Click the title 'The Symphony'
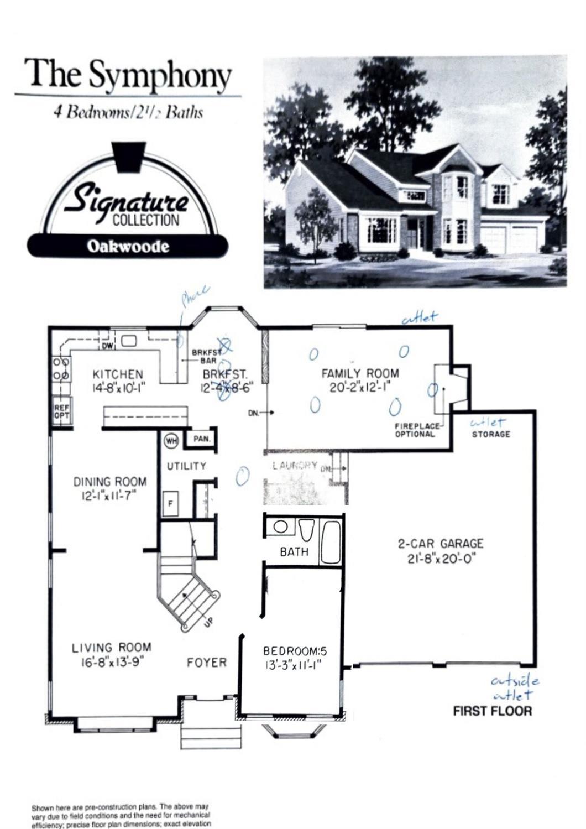128,76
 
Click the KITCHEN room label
118,374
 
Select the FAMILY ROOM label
360,373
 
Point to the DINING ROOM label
110,482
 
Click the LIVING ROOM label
112,647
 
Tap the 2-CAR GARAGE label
441,544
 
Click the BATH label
294,551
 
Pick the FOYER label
206,662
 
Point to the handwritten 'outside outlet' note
514,687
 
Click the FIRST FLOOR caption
492,711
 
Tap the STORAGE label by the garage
491,434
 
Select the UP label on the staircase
208,621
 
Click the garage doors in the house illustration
509,238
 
